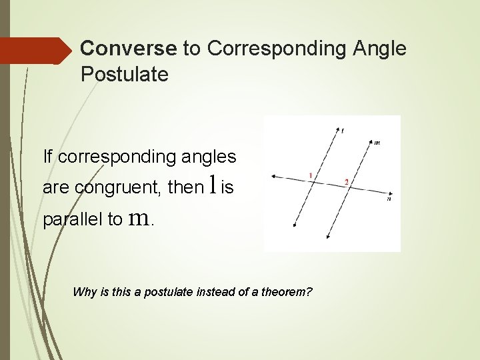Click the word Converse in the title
[x=128, y=49]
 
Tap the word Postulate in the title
[x=124, y=75]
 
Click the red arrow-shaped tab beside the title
[x=37, y=51]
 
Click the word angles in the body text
[x=205, y=157]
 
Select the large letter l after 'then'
[x=212, y=185]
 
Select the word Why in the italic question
[x=85, y=292]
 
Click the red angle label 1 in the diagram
[x=310, y=175]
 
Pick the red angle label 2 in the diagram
[x=346, y=182]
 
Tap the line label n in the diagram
[x=389, y=198]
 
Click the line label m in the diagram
[x=377, y=143]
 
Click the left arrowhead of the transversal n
[x=274, y=177]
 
